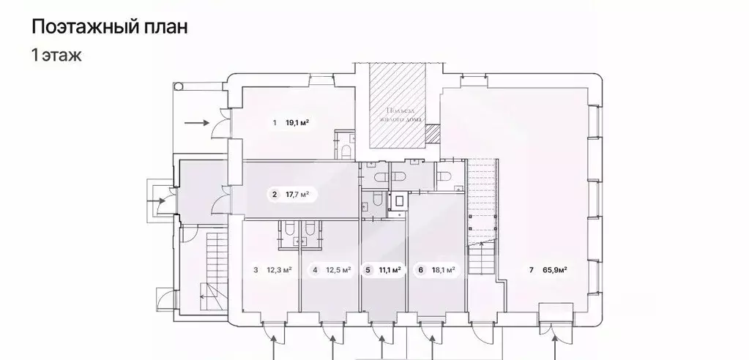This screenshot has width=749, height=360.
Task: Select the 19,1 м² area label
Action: pos(297,123)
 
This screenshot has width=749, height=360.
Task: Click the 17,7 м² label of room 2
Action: pos(296,195)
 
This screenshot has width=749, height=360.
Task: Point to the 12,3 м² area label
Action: pos(277,270)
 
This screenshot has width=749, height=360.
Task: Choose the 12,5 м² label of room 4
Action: pos(337,270)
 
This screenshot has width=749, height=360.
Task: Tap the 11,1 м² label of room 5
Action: pos(390,270)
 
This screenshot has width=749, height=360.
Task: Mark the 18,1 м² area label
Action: pos(442,270)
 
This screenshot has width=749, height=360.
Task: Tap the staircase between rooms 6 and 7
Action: pos(482,212)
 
